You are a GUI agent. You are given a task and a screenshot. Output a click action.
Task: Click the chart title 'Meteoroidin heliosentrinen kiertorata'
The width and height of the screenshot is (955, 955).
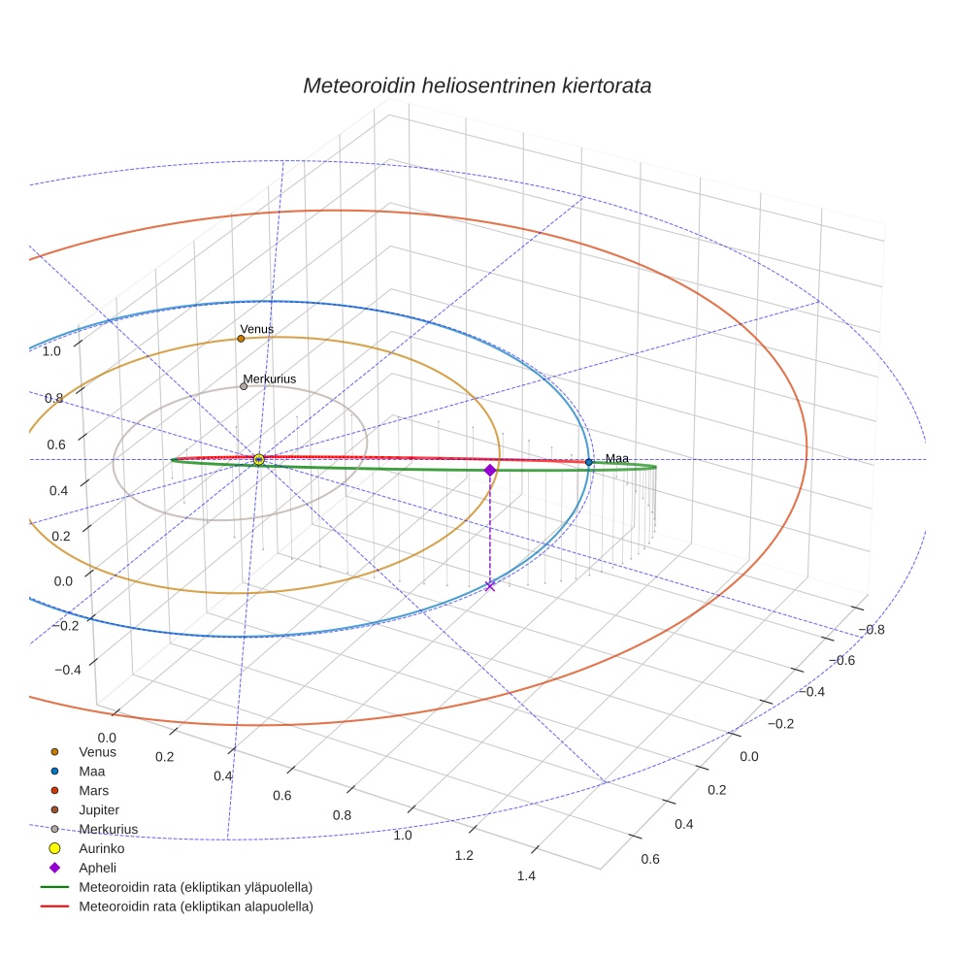477,85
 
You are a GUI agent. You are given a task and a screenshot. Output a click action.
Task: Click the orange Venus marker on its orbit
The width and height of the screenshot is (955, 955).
241,339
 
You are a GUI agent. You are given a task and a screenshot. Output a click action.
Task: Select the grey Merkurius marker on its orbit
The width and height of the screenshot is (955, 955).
244,386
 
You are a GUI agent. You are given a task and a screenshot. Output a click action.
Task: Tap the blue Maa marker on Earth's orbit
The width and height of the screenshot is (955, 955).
589,462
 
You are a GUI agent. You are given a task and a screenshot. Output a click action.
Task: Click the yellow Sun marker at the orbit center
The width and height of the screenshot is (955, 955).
259,460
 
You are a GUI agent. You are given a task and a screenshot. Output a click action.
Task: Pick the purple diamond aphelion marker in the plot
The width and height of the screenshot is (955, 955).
490,470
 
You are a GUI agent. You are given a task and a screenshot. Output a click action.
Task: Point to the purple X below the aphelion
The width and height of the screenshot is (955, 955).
490,585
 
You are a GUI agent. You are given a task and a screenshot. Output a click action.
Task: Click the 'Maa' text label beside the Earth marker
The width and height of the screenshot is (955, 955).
617,458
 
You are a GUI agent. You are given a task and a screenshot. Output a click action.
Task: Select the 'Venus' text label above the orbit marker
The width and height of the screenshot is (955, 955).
257,329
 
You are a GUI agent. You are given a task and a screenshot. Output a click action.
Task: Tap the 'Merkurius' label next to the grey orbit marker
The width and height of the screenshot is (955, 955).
270,379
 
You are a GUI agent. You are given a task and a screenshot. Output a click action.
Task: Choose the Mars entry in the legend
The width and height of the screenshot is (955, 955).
93,791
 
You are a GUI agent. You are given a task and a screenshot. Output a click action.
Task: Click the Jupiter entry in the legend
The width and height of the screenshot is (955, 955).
99,810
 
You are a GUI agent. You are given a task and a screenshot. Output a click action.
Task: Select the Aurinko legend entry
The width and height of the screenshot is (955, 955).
101,849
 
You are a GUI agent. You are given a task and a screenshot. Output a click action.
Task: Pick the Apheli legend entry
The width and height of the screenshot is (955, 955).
97,869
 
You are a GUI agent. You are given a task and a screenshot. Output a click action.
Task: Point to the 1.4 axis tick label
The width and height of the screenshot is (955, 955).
526,876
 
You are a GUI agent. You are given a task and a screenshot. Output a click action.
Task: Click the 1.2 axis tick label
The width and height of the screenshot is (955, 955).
464,855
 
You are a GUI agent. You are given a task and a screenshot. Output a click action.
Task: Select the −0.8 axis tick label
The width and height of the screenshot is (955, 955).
871,629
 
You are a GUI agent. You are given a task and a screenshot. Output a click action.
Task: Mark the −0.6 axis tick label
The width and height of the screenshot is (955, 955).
841,660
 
